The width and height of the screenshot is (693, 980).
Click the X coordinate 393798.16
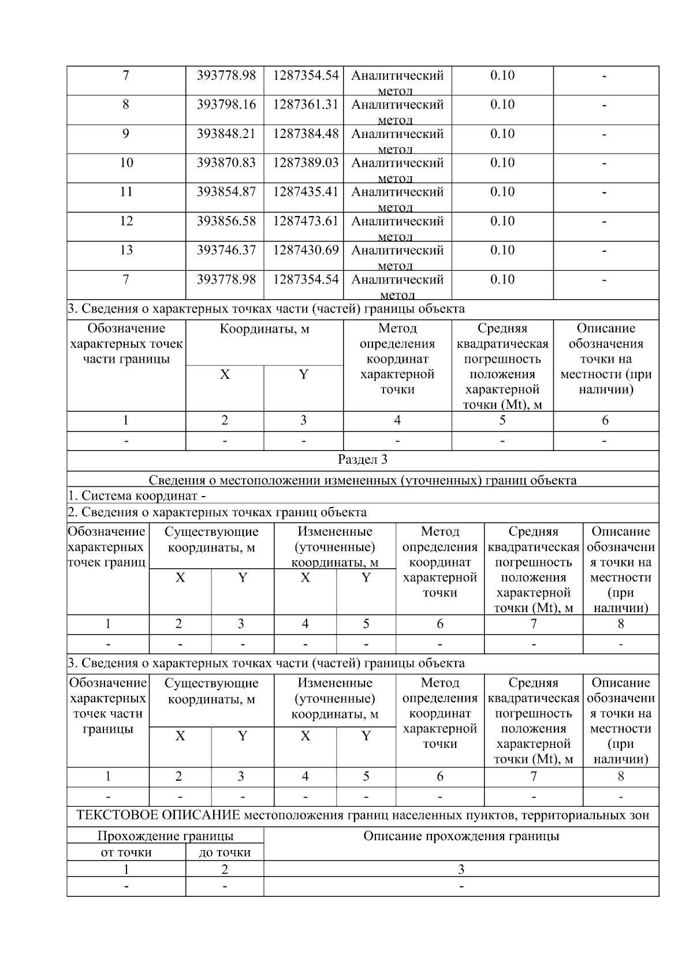click(226, 105)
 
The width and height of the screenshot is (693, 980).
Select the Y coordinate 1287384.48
click(305, 134)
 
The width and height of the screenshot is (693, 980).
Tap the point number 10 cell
click(126, 163)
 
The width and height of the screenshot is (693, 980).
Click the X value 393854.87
click(226, 192)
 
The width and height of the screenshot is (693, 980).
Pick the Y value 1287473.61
click(305, 221)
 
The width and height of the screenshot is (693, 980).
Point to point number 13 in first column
click(126, 250)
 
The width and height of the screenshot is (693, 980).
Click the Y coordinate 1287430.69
click(305, 250)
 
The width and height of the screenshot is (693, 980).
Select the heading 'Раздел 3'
click(362, 460)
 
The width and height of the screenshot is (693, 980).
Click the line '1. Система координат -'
click(137, 495)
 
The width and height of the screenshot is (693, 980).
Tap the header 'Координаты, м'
click(264, 329)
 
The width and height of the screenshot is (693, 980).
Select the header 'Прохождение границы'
click(165, 836)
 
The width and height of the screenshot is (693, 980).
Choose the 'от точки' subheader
click(126, 852)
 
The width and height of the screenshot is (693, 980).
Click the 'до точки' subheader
click(225, 852)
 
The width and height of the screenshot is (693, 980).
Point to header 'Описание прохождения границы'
click(461, 836)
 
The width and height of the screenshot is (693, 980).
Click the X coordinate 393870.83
click(226, 163)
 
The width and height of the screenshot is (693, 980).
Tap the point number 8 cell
click(126, 105)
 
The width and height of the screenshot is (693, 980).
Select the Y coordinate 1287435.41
click(305, 192)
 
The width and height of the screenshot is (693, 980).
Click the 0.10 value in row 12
click(502, 221)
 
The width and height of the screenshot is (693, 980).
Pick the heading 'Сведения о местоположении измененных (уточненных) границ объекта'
click(362, 480)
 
